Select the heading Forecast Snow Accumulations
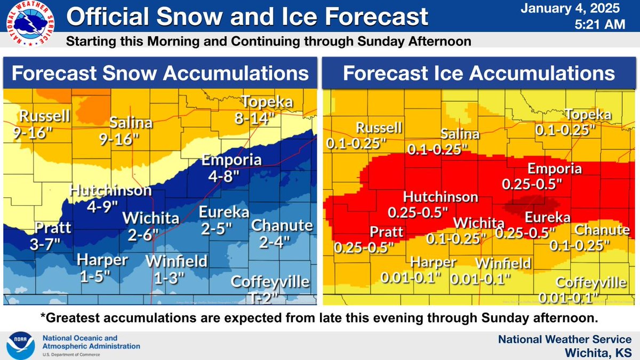tap(160, 73)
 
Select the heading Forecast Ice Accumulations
tap(478, 73)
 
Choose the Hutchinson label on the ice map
tap(441, 197)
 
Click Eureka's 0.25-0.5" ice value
tap(525, 233)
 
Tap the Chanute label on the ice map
tap(601, 230)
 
